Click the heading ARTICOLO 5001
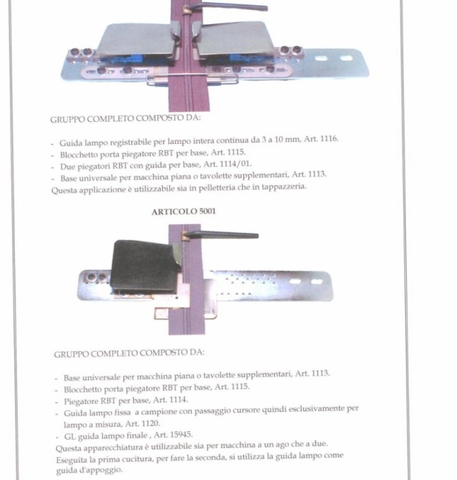[x=184, y=212]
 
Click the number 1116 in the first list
[x=329, y=139]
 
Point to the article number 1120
[x=151, y=424]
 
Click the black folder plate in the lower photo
[x=145, y=266]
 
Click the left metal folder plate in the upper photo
[x=136, y=39]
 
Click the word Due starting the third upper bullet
[x=67, y=167]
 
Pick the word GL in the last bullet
[x=69, y=437]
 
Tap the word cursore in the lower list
[x=247, y=410]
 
